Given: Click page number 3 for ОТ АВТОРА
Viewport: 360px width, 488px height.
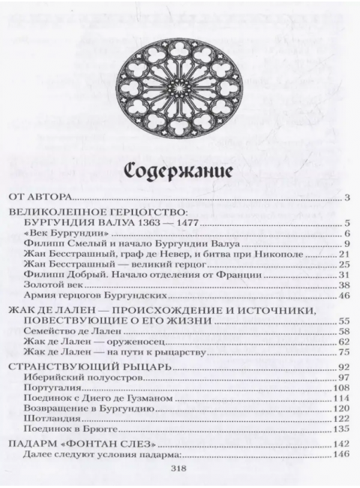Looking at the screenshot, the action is tap(348, 198).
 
